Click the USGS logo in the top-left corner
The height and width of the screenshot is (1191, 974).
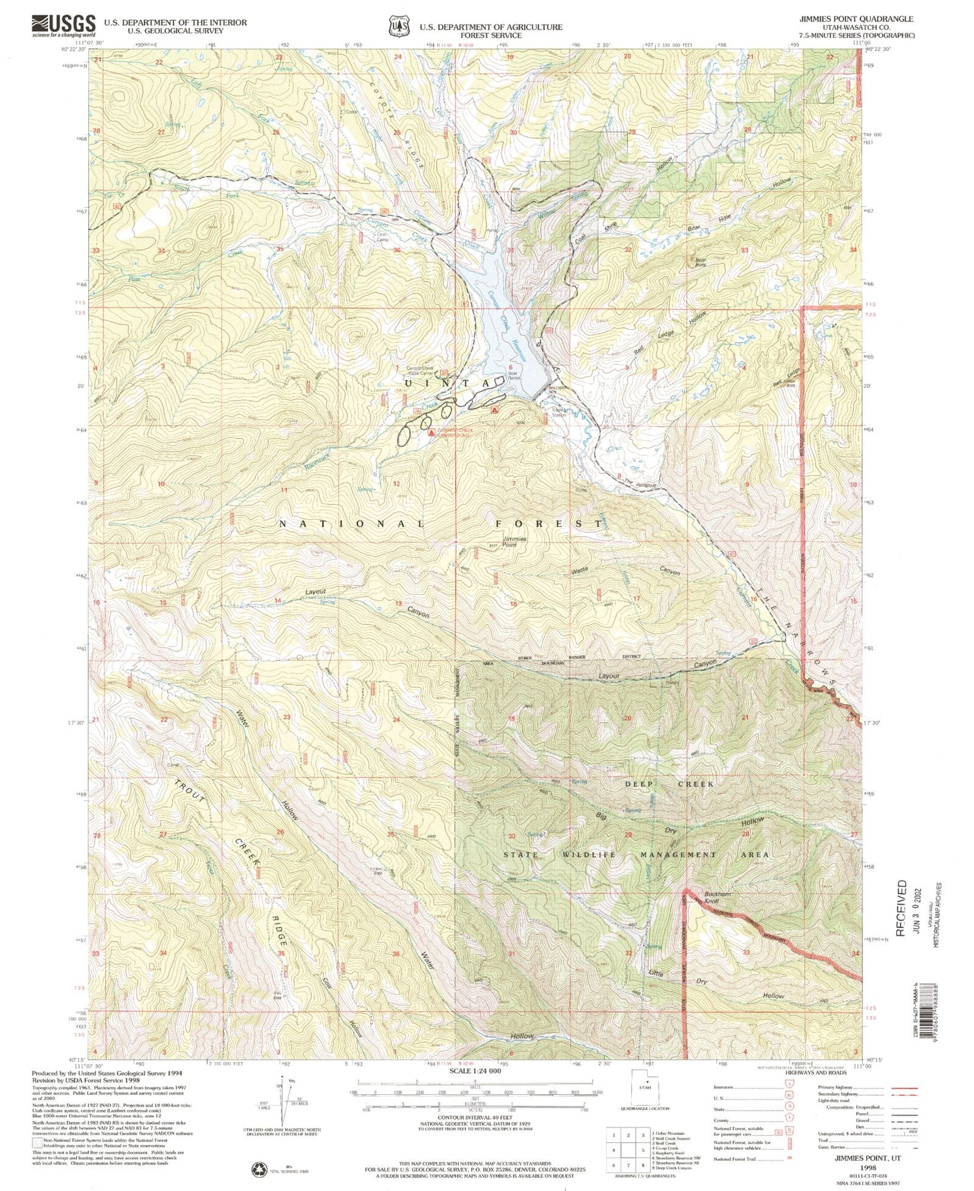(63, 26)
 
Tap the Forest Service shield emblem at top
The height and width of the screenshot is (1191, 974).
(395, 26)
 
